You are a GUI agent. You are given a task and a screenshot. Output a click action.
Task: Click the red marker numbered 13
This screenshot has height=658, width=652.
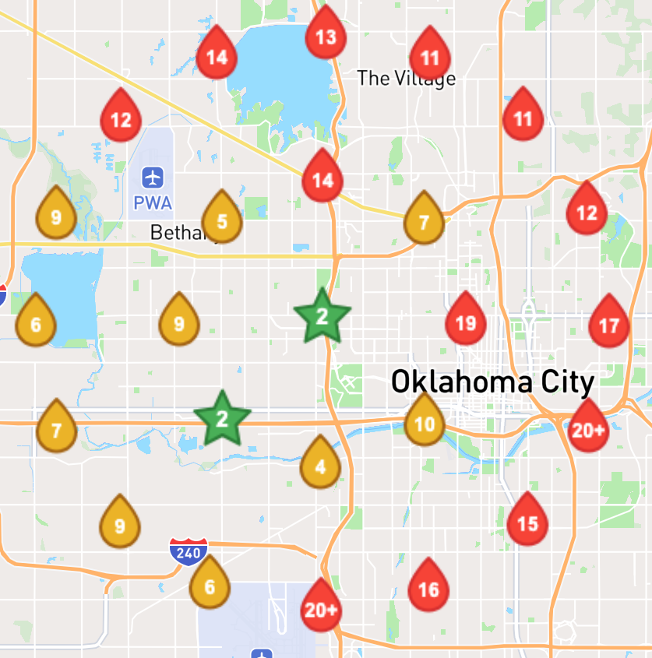pyautogui.click(x=325, y=36)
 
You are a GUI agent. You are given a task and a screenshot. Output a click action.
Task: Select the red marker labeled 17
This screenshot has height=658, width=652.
pyautogui.click(x=609, y=324)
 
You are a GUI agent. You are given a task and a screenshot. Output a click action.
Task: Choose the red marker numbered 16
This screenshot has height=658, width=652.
pyautogui.click(x=428, y=589)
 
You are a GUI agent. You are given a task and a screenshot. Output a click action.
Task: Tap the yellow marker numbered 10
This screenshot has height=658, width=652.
pyautogui.click(x=425, y=424)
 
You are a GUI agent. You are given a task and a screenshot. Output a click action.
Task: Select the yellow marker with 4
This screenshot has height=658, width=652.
pyautogui.click(x=320, y=467)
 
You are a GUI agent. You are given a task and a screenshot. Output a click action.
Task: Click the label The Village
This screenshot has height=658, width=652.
pyautogui.click(x=406, y=78)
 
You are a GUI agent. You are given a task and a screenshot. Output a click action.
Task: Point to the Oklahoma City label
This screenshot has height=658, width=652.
pyautogui.click(x=492, y=382)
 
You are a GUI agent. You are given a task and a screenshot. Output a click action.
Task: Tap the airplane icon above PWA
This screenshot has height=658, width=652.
pyautogui.click(x=153, y=178)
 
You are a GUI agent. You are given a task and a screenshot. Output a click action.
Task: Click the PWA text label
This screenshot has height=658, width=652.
pyautogui.click(x=153, y=203)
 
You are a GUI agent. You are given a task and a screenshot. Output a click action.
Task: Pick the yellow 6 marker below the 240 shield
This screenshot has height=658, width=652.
pyautogui.click(x=209, y=586)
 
